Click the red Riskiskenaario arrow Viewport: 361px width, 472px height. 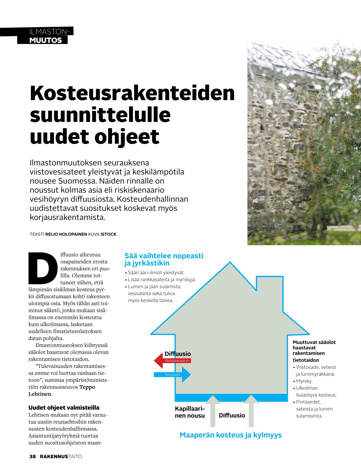pyautogui.click(x=172, y=360)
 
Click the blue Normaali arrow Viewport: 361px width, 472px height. pyautogui.click(x=172, y=375)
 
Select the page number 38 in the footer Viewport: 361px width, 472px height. pyautogui.click(x=33, y=456)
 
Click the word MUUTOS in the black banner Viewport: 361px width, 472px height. pyautogui.click(x=46, y=40)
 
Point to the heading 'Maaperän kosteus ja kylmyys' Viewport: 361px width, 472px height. pyautogui.click(x=231, y=435)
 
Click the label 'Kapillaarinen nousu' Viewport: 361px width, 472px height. pyautogui.click(x=190, y=412)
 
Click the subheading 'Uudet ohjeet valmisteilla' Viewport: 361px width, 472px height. pyautogui.click(x=64, y=408)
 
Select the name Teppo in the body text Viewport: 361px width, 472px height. pyautogui.click(x=87, y=387)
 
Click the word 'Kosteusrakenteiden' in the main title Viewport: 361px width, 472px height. pyautogui.click(x=132, y=93)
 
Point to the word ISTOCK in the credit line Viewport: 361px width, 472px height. pyautogui.click(x=108, y=234)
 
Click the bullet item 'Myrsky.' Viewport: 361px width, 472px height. pyautogui.click(x=304, y=381)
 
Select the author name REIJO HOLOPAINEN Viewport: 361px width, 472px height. pyautogui.click(x=66, y=234)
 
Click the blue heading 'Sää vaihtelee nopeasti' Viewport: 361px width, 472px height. pyautogui.click(x=164, y=256)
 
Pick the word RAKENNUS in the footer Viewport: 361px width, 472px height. pyautogui.click(x=54, y=456)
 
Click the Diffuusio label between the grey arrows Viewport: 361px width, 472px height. pyautogui.click(x=232, y=415)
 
